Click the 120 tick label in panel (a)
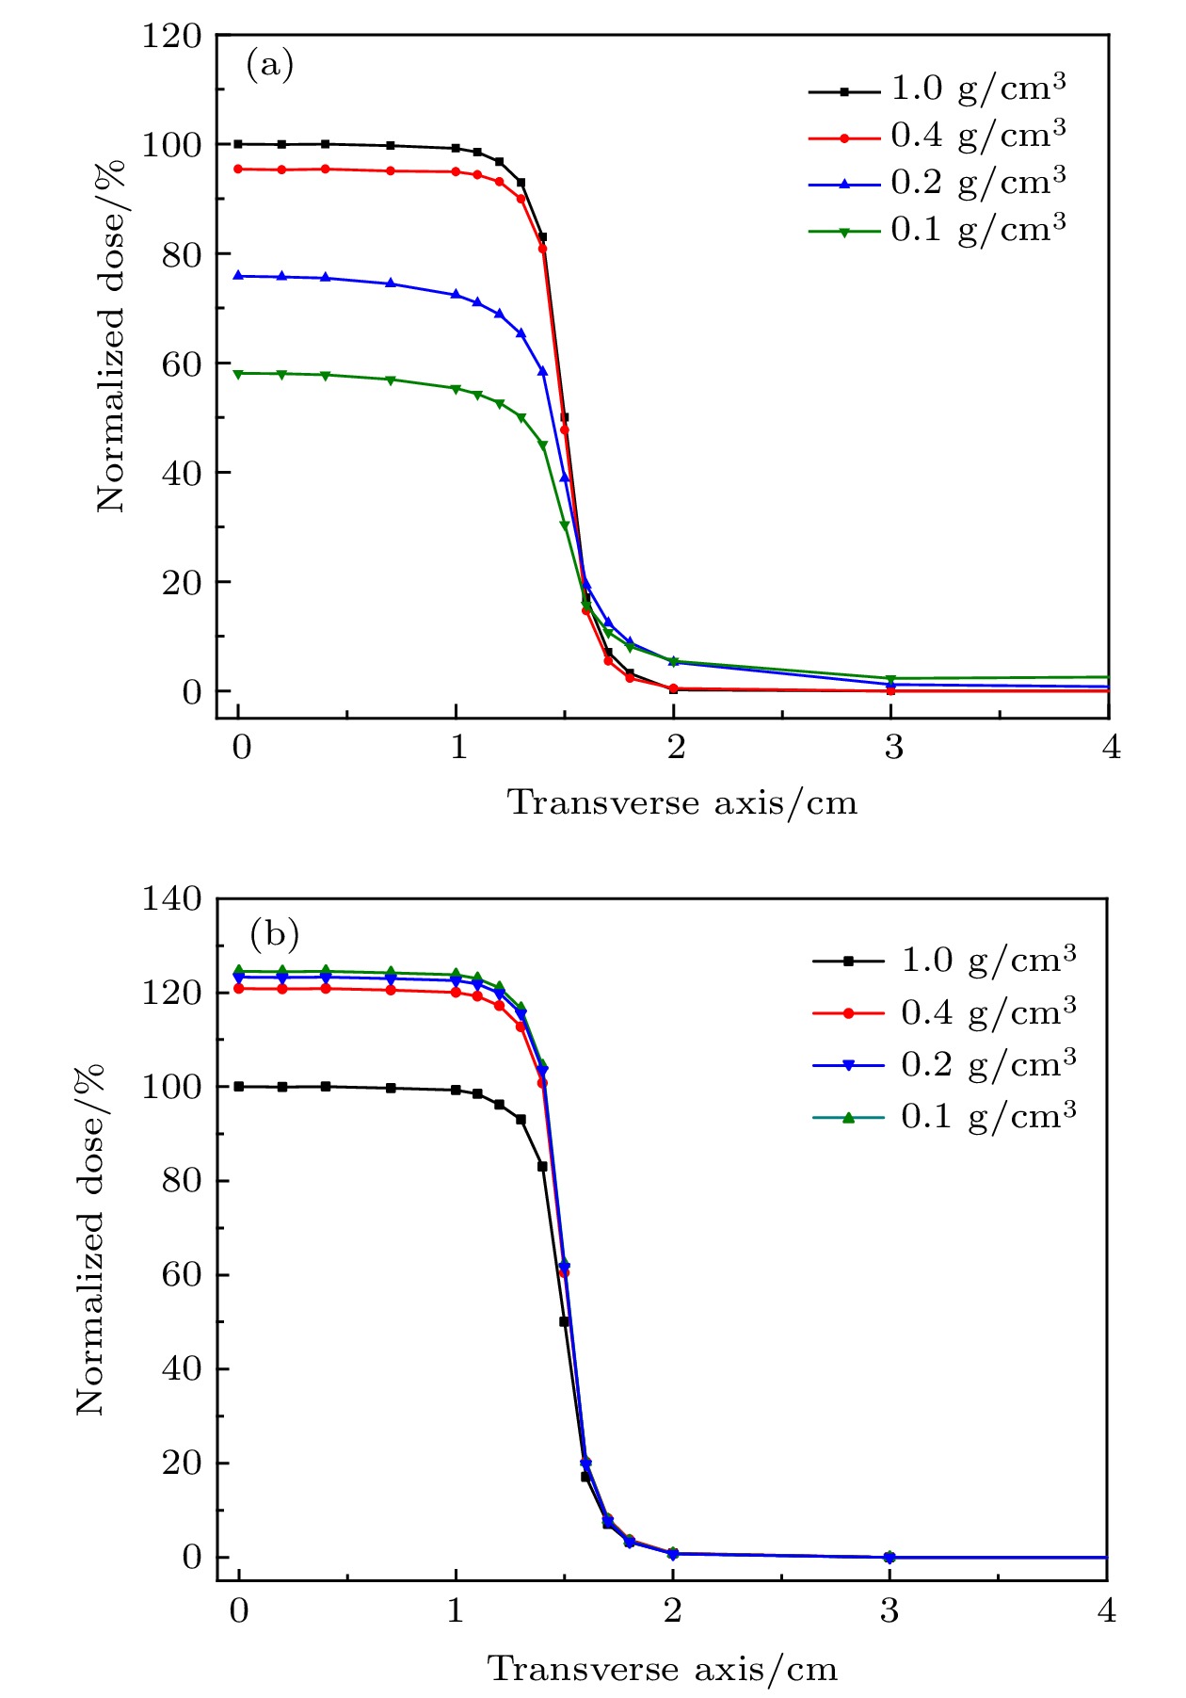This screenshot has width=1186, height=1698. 171,37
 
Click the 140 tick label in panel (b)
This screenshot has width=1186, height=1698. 171,899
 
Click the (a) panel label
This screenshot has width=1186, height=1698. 269,65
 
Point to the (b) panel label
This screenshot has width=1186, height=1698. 274,935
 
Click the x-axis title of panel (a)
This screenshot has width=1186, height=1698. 682,803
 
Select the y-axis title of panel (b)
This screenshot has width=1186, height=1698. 91,1238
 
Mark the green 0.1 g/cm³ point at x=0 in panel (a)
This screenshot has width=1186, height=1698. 238,374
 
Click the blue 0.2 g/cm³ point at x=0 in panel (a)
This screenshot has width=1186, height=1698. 238,276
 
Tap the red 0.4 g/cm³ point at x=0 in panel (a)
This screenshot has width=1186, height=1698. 238,170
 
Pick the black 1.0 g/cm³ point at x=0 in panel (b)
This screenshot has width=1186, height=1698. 239,1086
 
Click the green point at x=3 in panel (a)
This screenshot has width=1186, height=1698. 890,679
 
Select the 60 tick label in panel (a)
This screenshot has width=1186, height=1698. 181,364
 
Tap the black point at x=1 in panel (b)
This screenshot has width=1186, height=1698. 457,1090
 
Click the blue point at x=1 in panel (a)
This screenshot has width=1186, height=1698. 456,295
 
